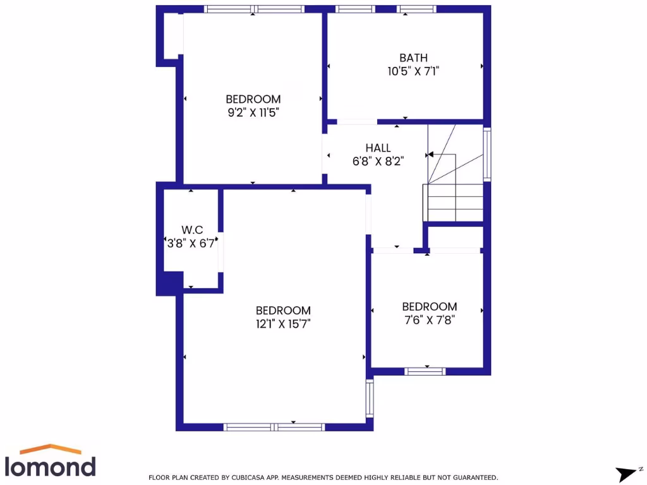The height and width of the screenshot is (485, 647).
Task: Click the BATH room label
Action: [413, 58]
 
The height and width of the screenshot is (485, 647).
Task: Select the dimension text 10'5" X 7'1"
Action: [413, 71]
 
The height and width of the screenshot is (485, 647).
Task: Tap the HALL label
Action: [378, 148]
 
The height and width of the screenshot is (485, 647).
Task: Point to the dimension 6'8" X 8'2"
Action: [378, 161]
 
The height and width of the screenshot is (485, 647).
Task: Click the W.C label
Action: [192, 230]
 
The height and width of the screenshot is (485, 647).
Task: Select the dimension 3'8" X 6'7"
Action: [192, 242]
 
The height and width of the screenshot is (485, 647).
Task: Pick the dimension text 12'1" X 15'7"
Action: [283, 323]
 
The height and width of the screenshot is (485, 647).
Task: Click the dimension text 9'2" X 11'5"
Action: [253, 112]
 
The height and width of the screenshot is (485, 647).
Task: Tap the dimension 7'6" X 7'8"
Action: [429, 320]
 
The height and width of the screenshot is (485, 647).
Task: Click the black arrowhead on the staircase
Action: [430, 153]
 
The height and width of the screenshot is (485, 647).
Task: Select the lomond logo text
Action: [51, 466]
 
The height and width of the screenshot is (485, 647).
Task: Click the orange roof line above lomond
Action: [51, 449]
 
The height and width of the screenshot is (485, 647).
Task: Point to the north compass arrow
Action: [625, 472]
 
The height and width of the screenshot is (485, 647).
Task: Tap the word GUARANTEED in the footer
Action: [473, 477]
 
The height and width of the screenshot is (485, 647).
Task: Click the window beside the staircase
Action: [487, 154]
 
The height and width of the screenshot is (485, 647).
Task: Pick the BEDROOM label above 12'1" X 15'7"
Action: [283, 310]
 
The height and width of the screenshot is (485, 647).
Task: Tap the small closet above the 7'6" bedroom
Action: [455, 237]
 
